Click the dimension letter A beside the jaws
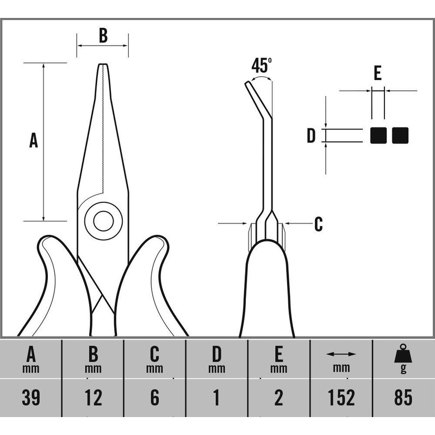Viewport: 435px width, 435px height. (34, 140)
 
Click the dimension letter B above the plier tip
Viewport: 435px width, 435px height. (103, 36)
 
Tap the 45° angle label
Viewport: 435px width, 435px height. (262, 66)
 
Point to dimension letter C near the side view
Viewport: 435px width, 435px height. (318, 223)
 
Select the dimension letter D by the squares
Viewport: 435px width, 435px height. (311, 136)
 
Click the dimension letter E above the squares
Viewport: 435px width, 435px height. (378, 73)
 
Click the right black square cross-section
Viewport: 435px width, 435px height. (400, 135)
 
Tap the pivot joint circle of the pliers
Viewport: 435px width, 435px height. (103, 220)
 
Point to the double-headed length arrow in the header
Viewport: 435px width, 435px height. (341, 354)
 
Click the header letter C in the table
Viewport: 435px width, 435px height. (155, 354)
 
